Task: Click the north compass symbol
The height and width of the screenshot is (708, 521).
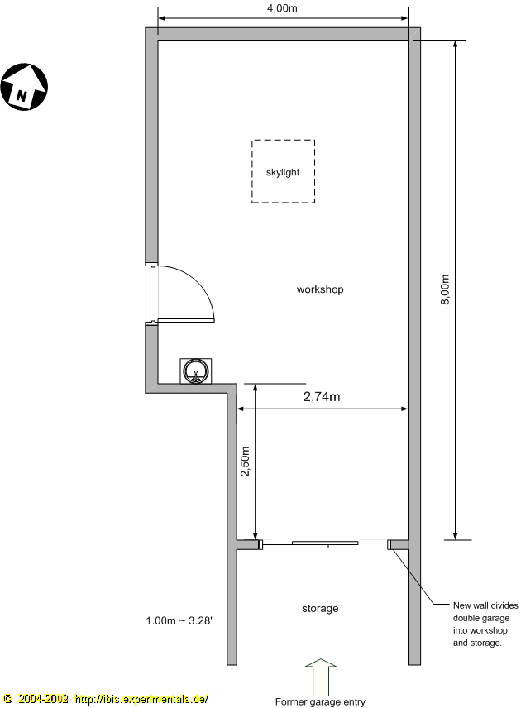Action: point(24,87)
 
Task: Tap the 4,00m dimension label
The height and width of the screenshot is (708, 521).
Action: point(282,8)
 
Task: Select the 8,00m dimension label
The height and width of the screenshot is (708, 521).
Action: point(445,289)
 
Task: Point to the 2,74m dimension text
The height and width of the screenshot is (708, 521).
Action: point(322,397)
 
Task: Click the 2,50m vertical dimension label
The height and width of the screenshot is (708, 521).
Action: point(245,462)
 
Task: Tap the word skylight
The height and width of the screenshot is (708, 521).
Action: point(283,172)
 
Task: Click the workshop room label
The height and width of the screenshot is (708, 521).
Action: point(320,289)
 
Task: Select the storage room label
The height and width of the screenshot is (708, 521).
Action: point(320,609)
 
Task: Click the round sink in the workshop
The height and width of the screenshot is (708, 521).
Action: point(196,371)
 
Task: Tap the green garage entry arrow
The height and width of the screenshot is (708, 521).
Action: point(321,677)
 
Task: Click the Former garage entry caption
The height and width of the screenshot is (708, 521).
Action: point(320,701)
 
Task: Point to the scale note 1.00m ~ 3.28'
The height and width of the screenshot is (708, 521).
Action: point(179,621)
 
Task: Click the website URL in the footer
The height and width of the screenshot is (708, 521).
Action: point(141,699)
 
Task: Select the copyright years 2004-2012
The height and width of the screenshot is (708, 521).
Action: point(43,699)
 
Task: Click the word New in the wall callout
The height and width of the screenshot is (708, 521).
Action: point(461,605)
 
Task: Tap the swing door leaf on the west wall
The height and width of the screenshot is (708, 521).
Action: point(186,321)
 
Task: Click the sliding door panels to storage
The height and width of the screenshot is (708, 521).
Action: point(310,544)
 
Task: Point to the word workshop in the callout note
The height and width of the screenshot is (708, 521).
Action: point(489,630)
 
